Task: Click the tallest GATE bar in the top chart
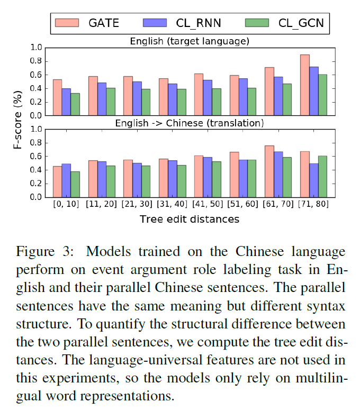pyautogui.click(x=304, y=85)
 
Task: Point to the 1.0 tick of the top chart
pyautogui.click(x=35, y=48)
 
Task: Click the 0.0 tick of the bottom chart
pyautogui.click(x=35, y=197)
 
